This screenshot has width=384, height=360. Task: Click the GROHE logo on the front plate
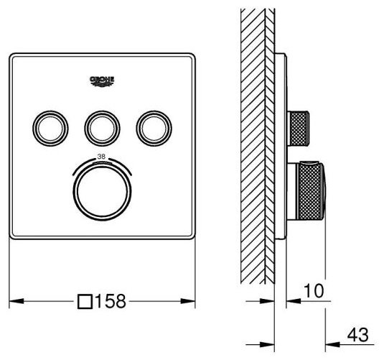(x=102, y=81)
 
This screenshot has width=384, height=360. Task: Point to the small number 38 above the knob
(x=101, y=157)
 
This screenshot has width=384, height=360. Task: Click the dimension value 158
(x=111, y=301)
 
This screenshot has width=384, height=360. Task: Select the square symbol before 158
(x=85, y=301)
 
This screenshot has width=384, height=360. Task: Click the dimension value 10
(x=314, y=291)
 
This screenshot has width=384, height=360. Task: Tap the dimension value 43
(x=357, y=335)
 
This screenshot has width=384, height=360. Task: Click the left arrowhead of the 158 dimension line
(x=17, y=301)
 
